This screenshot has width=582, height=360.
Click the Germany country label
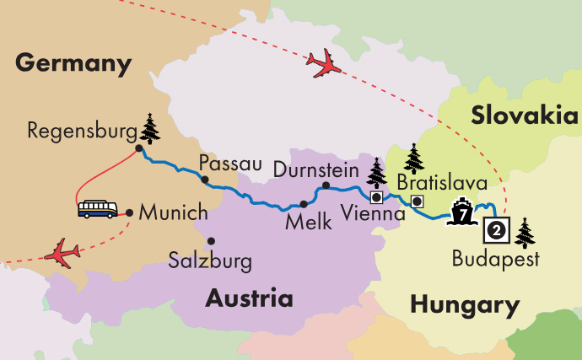coord(74,62)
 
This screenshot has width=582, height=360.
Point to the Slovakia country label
coord(525,116)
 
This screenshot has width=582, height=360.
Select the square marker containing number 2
coord(497,228)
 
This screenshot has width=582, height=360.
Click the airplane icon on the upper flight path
coord(324,64)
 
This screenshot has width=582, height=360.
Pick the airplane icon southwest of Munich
coord(62,251)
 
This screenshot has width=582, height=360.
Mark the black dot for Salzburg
coord(211,239)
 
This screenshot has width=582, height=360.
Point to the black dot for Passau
coord(204,180)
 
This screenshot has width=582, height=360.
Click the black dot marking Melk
coord(304,204)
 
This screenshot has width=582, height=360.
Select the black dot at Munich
coord(128,212)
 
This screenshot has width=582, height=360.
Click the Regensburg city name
coord(81,131)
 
